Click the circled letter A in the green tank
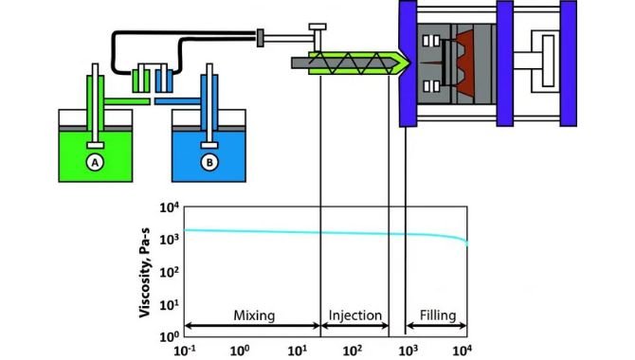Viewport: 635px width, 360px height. [x=94, y=162]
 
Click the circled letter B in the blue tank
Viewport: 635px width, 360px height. [x=210, y=162]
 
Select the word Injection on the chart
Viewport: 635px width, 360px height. [x=355, y=314]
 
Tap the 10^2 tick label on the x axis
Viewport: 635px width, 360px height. [x=352, y=350]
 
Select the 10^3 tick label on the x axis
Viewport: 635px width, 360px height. [x=408, y=350]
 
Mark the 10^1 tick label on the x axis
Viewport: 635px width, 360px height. [x=295, y=350]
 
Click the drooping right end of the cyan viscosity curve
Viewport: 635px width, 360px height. [x=465, y=242]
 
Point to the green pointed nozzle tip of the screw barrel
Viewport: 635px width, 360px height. [x=405, y=63]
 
